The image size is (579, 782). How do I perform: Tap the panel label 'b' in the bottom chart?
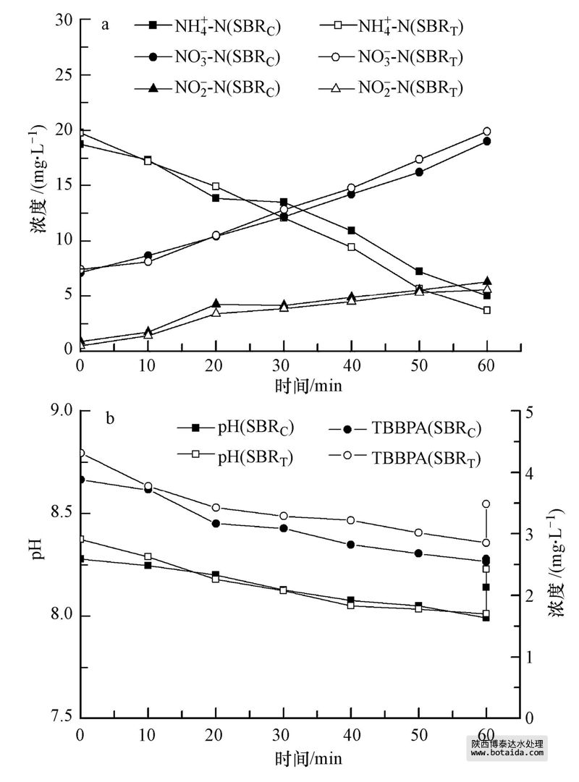(110, 418)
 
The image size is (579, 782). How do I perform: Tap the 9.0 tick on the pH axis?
(60, 410)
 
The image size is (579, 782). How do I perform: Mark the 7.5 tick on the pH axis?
(60, 718)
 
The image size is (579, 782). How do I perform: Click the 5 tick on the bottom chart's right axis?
(531, 411)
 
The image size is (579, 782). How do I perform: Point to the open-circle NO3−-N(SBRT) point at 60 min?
(487, 132)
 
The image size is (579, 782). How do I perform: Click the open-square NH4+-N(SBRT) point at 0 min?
(81, 133)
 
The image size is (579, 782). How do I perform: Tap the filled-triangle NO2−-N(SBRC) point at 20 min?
(216, 304)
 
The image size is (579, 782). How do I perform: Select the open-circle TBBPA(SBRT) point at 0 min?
(81, 454)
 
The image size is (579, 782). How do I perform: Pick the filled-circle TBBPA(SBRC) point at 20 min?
(216, 524)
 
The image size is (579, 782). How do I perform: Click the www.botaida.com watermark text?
(507, 753)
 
